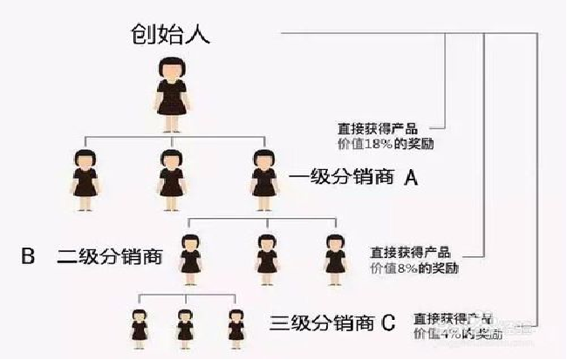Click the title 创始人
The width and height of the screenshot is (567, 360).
click(171, 34)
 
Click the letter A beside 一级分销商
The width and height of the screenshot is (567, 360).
click(412, 179)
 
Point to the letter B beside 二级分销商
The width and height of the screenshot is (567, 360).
click(27, 256)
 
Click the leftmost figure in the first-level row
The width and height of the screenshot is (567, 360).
click(85, 180)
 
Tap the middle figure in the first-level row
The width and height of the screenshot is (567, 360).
click(172, 180)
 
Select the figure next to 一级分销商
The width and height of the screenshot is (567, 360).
click(263, 180)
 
